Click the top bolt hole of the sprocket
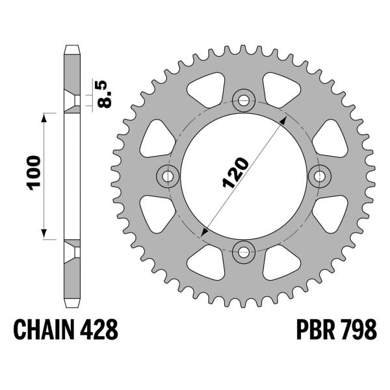244,100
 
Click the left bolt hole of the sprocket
168,175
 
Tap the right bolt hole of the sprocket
319,175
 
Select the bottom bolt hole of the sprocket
244,251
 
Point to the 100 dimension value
34,173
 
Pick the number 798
357,330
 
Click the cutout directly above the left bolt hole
154,137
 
